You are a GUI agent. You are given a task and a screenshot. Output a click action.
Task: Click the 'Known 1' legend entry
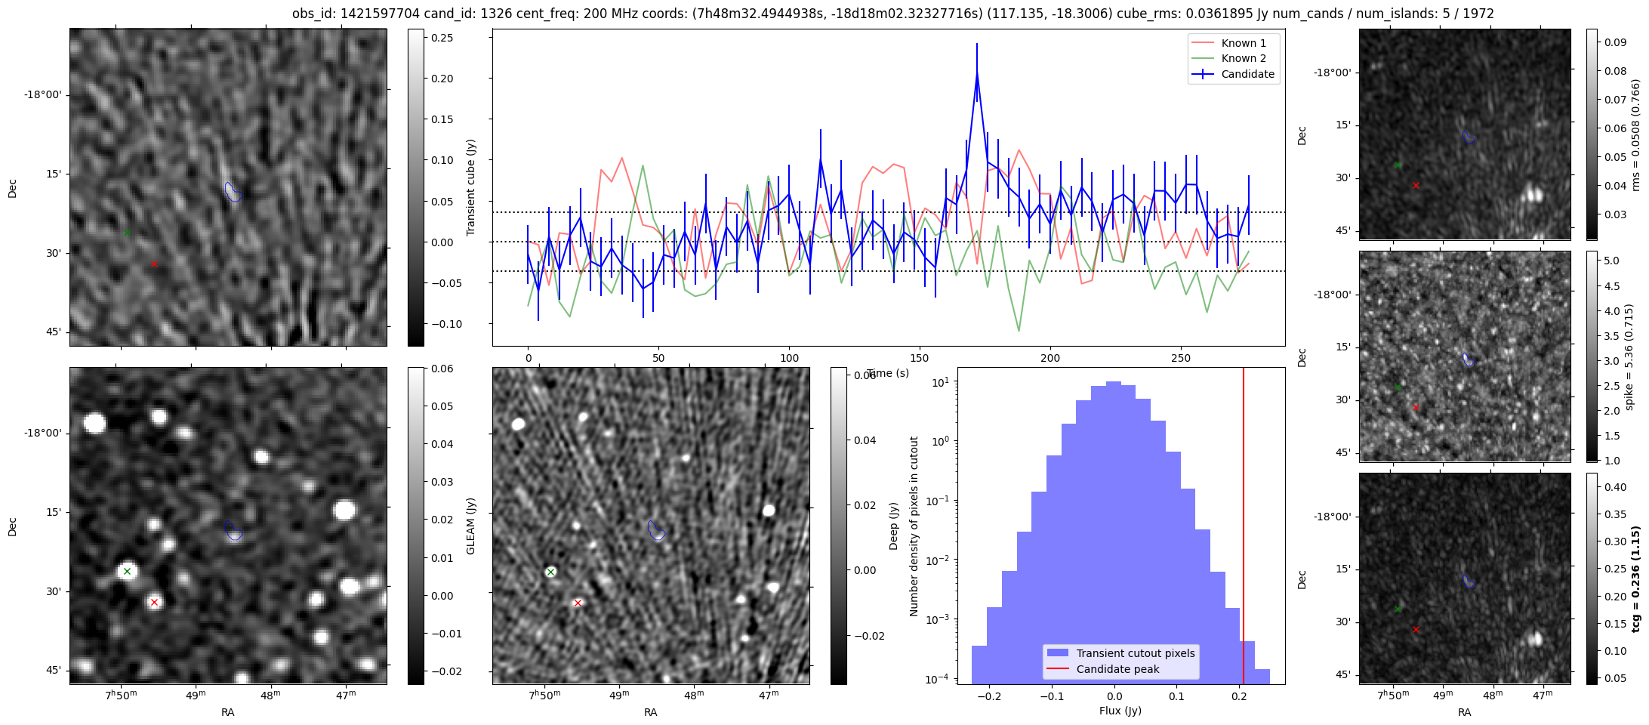1244,43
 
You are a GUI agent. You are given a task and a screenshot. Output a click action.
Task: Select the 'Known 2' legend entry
1244,58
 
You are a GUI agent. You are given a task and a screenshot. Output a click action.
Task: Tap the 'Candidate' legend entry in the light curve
1247,74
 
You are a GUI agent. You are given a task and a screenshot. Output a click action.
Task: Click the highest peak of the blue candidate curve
977,73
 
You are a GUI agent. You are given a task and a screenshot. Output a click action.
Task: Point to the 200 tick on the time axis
1050,358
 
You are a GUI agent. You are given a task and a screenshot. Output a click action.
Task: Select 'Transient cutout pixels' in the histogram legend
1135,653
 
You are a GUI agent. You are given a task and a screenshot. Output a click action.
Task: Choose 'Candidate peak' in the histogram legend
1117,669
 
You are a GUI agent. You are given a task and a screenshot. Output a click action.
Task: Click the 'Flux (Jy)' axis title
1120,711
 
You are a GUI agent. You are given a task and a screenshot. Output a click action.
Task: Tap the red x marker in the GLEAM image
154,602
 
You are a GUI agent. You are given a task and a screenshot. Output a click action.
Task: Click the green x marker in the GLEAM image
127,572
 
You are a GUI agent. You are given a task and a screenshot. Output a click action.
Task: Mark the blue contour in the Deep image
656,531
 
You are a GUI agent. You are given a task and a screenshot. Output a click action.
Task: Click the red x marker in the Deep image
578,603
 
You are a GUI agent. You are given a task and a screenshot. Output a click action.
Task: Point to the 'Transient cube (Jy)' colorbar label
471,187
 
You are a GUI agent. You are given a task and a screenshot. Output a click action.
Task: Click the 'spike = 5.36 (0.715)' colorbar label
1629,357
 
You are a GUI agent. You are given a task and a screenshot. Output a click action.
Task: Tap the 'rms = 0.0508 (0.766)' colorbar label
1635,135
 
